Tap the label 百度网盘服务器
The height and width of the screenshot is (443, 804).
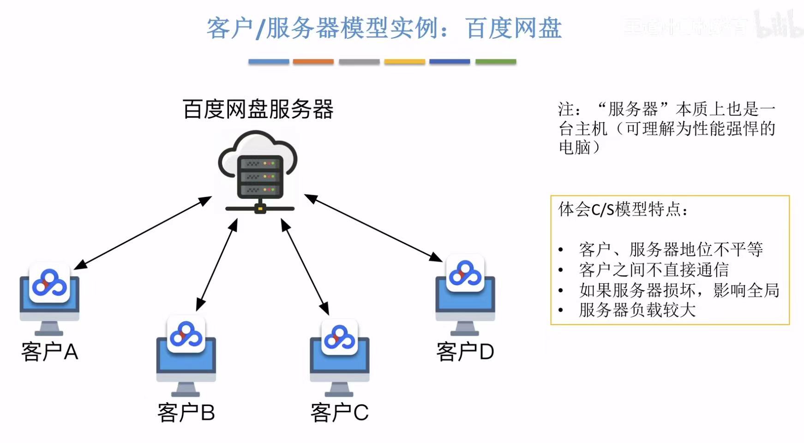click(258, 110)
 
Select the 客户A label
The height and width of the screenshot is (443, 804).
click(49, 352)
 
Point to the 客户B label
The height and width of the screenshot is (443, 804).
click(186, 413)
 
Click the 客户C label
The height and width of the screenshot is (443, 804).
click(339, 413)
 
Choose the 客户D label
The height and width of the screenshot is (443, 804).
click(465, 352)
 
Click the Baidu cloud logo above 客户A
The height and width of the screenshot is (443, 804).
click(49, 283)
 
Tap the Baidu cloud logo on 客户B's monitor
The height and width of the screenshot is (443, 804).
click(186, 335)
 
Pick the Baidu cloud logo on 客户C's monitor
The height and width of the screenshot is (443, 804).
click(340, 337)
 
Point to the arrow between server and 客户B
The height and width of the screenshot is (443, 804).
click(216, 265)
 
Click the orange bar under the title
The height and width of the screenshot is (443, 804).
click(313, 61)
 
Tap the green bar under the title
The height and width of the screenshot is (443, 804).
click(496, 61)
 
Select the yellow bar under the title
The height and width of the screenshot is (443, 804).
click(404, 61)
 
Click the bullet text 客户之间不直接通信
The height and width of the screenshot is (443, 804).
click(654, 270)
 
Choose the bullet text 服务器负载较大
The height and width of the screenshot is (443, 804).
click(637, 310)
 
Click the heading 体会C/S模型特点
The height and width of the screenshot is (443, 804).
click(623, 210)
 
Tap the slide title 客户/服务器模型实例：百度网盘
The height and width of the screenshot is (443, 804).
click(384, 29)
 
